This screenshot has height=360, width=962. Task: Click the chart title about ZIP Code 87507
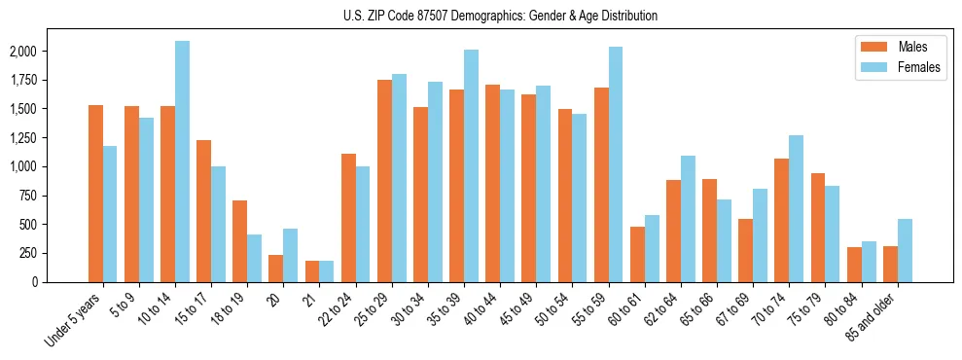pyautogui.click(x=500, y=16)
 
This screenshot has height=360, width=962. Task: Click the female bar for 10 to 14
pyautogui.click(x=182, y=162)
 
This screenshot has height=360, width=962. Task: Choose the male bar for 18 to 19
pyautogui.click(x=239, y=241)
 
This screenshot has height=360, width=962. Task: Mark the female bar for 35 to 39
pyautogui.click(x=471, y=165)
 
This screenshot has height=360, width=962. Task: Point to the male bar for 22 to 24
pyautogui.click(x=348, y=218)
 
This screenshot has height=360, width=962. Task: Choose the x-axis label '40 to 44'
pyautogui.click(x=479, y=310)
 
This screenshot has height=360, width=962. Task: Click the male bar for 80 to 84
pyautogui.click(x=854, y=265)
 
